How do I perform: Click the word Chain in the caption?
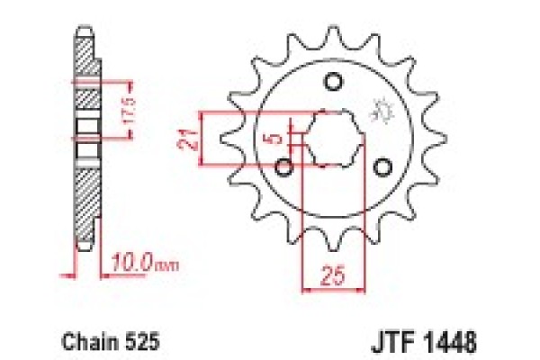pyautogui.click(x=85, y=342)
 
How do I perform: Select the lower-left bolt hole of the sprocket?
pyautogui.click(x=286, y=167)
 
